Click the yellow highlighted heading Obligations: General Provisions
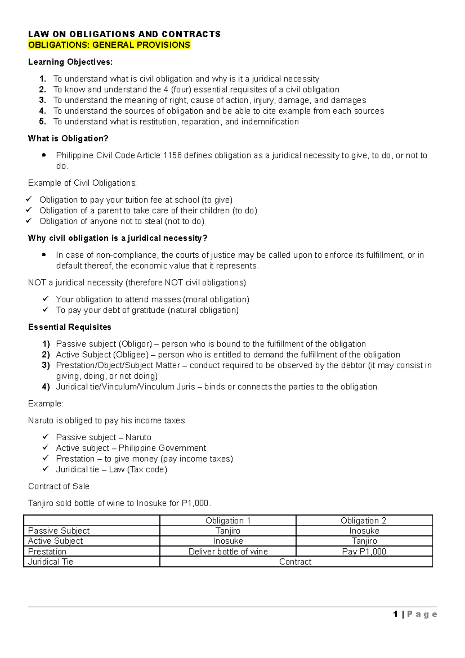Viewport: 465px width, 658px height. pos(109,45)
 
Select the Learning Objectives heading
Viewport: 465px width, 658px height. pos(70,62)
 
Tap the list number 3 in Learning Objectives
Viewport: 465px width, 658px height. pos(43,100)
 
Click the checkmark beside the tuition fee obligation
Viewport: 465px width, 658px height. pos(29,200)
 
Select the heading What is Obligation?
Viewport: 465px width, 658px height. pos(68,138)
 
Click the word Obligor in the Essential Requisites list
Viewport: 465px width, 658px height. pos(136,344)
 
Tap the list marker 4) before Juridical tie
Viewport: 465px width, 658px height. pos(46,387)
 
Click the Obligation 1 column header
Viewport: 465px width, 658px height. pos(228,520)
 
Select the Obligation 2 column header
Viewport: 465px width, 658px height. pos(363,520)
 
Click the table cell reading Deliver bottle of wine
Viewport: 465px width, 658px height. pos(228,551)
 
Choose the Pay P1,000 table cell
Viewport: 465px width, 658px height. pos(364,551)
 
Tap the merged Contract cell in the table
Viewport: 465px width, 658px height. pos(295,562)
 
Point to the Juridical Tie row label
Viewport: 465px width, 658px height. pos(50,562)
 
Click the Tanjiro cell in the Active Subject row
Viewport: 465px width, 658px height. pos(364,541)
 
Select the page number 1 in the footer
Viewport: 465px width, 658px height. pos(395,614)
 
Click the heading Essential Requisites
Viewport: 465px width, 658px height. pos(70,327)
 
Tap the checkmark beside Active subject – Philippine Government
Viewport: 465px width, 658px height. pos(46,448)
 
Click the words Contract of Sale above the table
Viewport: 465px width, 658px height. pos(59,486)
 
